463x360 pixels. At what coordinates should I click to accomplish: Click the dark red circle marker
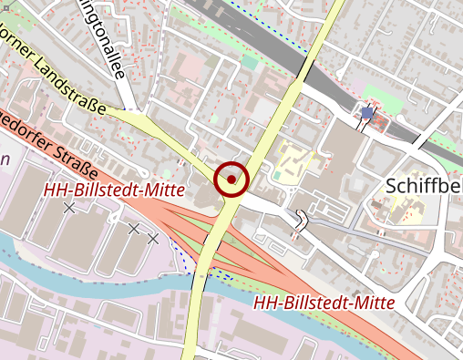232,178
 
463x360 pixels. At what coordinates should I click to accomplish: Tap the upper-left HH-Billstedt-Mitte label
115,190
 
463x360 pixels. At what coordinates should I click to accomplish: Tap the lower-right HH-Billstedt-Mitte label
324,302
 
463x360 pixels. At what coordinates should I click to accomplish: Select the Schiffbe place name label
424,186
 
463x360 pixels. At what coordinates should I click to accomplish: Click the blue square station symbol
366,113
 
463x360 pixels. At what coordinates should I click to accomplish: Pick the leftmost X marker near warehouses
69,208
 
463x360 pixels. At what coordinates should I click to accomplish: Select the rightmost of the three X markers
153,238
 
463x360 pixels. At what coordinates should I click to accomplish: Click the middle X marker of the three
134,229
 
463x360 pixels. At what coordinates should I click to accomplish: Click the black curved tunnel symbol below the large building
304,219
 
